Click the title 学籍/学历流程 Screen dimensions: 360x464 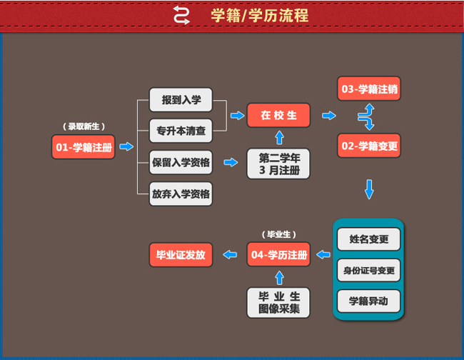click(260, 15)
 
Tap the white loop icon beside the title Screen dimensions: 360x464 click(182, 15)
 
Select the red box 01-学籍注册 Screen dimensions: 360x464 click(83, 146)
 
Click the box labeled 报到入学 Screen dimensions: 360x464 click(181, 100)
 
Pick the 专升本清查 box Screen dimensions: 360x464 click(181, 131)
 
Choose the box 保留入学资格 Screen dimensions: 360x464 click(181, 162)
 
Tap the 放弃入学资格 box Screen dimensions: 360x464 click(181, 193)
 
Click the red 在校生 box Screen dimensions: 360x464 click(278, 115)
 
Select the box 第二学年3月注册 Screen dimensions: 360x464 click(278, 163)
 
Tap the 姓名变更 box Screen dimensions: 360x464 click(368, 239)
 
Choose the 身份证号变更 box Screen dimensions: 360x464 click(368, 270)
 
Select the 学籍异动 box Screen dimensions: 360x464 click(368, 301)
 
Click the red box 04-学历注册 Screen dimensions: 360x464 click(278, 254)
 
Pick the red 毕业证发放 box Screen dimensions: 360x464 click(181, 254)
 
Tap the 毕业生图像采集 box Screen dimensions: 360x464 click(278, 303)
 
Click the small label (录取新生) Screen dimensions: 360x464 click(84, 126)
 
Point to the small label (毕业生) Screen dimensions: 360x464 click(278, 234)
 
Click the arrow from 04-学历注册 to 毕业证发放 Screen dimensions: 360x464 click(230, 254)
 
